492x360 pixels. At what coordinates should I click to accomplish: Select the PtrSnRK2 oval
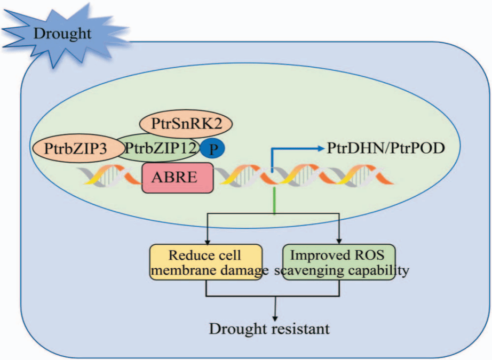coord(186,124)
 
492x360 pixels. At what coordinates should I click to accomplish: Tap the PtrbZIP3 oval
coord(78,149)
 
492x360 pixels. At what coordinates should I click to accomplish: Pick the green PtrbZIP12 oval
coord(158,148)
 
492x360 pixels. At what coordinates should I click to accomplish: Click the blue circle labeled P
coord(213,149)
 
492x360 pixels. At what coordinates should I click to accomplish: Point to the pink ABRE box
coord(178,178)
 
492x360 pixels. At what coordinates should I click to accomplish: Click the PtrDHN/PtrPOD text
coord(386,148)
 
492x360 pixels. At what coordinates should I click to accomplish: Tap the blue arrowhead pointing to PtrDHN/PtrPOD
coord(321,148)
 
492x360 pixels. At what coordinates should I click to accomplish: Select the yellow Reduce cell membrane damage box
coord(206,262)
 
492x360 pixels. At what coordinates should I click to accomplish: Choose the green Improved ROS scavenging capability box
coord(339,262)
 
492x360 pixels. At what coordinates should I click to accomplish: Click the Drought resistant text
coord(269,329)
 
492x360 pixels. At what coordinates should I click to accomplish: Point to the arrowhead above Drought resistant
coord(275,318)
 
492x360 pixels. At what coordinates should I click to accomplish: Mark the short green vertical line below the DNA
coord(275,201)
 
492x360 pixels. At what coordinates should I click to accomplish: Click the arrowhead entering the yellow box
coord(207,242)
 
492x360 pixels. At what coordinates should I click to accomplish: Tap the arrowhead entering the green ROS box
coord(339,241)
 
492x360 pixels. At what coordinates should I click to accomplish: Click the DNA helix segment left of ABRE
coord(110,175)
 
